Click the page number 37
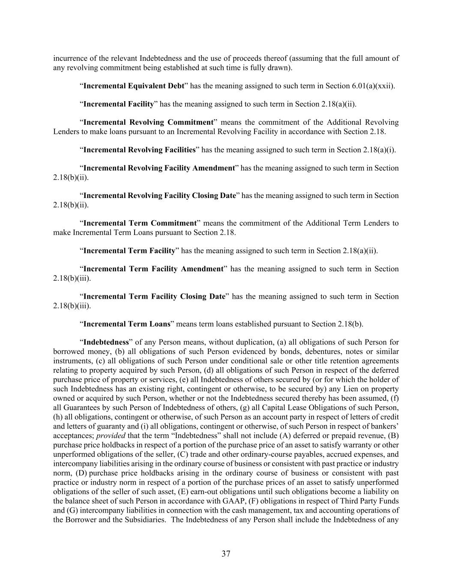226,554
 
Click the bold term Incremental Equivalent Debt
133,86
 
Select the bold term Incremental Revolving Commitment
148,122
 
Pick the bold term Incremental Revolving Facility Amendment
159,168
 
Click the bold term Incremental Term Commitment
140,223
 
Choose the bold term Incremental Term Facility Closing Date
154,296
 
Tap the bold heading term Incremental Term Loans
127,324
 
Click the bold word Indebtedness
106,342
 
